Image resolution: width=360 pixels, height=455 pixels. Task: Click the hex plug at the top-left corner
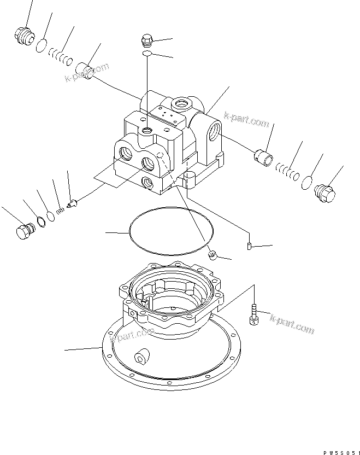(22, 37)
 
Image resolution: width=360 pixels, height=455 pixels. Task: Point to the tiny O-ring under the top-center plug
(146, 54)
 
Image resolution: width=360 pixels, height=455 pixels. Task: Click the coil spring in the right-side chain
(286, 172)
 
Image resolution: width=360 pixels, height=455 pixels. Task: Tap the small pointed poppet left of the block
(72, 205)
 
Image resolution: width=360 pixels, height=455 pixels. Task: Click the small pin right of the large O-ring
(249, 247)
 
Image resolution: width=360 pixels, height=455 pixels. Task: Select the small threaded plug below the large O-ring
(214, 254)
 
